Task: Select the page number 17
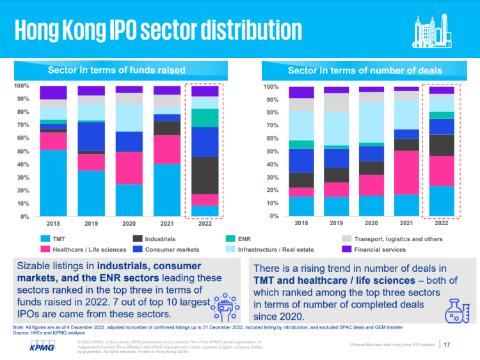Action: [x=447, y=345]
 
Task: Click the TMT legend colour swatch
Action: [x=45, y=239]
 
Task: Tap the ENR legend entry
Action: [x=244, y=239]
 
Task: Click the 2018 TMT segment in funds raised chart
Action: [x=53, y=183]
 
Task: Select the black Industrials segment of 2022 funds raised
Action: [x=205, y=175]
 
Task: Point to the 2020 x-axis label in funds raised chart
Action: [x=129, y=224]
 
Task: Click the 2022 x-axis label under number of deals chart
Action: [x=441, y=224]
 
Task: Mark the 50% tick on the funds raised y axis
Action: [x=22, y=151]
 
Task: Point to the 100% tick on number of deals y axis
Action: [x=270, y=86]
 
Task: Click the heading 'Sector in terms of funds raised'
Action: [x=116, y=70]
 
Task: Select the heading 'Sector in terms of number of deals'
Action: [x=365, y=70]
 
